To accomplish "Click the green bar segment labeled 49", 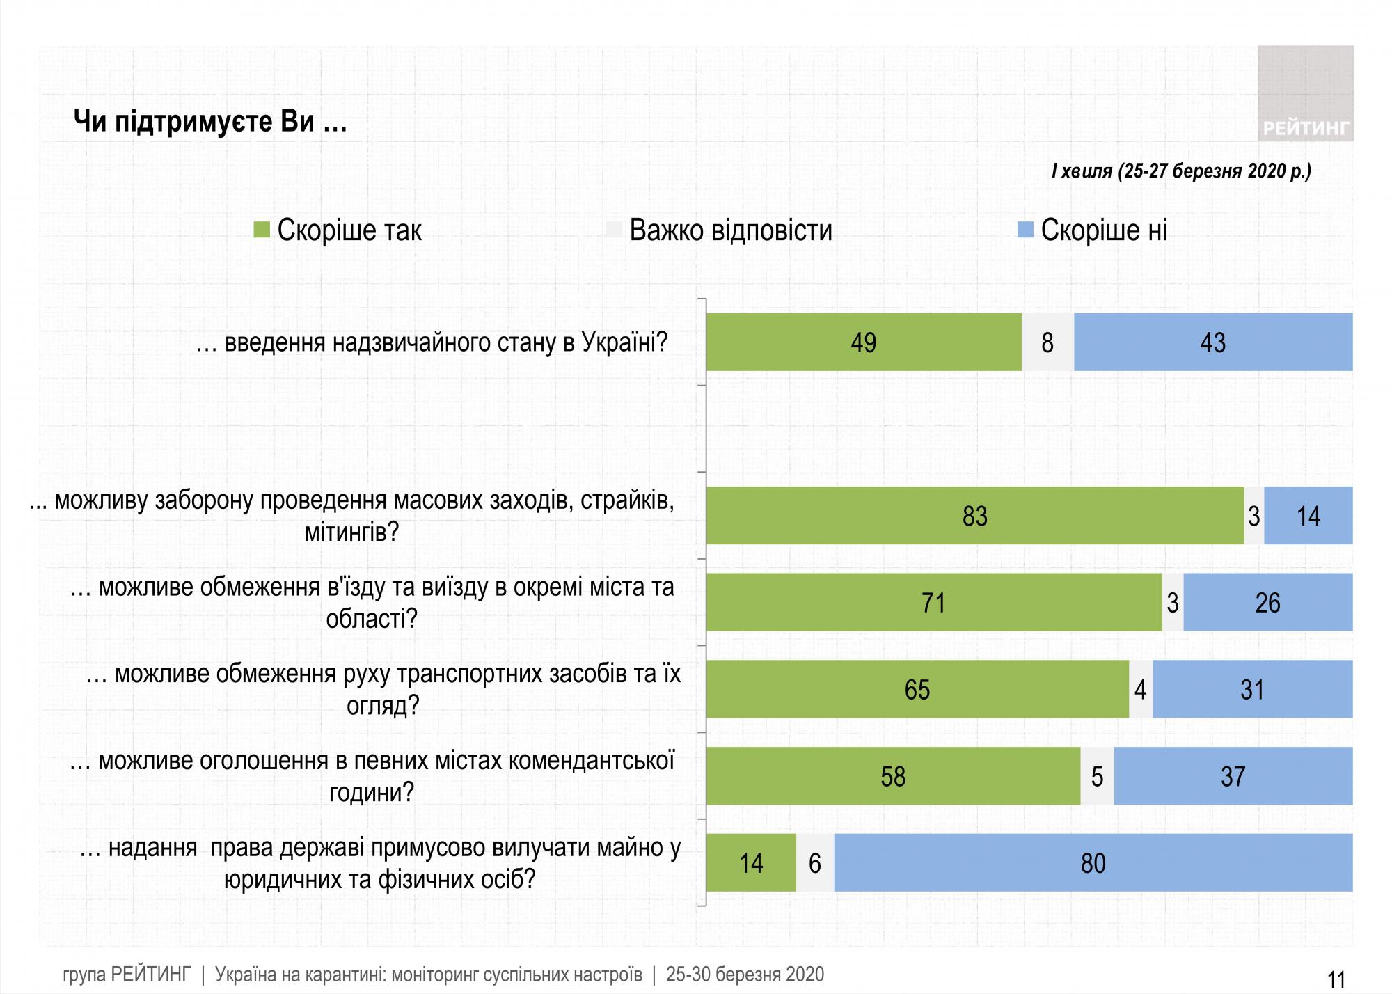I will coord(863,342).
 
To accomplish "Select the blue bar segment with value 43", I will coord(1212,342).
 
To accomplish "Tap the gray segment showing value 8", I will coord(1047,342).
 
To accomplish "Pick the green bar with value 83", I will coord(974,516).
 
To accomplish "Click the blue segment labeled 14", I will coord(1308,516).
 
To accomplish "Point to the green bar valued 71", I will coord(933,603).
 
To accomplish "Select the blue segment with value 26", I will coord(1267,603).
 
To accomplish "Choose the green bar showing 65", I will coord(917,689).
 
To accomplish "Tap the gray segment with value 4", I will coord(1140,689).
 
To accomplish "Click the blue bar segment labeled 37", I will coord(1233,776).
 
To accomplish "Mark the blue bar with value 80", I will coord(1093,863).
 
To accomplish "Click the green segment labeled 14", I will coord(751,863).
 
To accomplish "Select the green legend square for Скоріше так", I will coord(261,230).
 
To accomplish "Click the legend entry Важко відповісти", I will coord(730,230).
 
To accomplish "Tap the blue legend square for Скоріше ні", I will coord(1025,230).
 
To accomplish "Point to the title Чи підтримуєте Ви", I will coord(210,123).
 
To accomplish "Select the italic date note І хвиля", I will coord(1180,171).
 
